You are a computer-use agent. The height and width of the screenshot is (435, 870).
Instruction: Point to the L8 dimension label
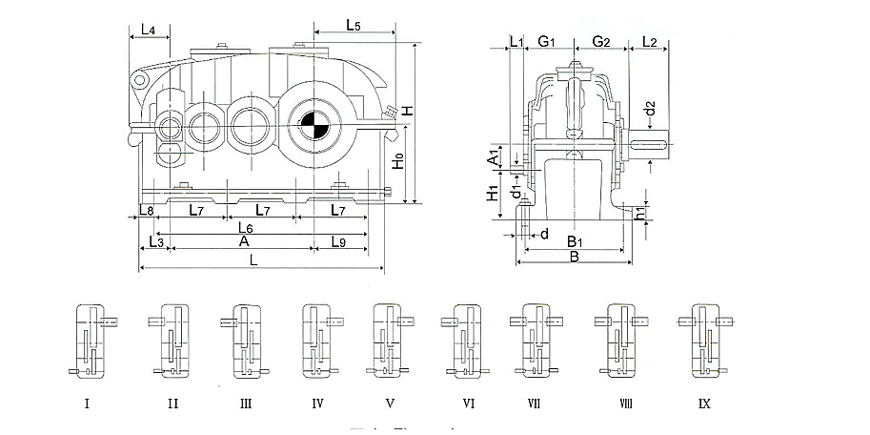coord(147,209)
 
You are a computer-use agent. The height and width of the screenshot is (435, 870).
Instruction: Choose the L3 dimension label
coord(157,243)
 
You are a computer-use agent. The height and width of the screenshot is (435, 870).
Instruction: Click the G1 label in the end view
coord(547,41)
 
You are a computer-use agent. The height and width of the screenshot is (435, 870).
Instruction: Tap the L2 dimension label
coord(650,41)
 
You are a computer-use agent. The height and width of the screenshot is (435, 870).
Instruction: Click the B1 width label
coord(574,240)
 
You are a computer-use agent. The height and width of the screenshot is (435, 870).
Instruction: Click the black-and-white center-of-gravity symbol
coord(313,125)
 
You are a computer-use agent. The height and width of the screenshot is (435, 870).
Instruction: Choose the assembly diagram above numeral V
coord(389,340)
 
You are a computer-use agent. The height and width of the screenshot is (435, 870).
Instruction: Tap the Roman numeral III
coord(245,404)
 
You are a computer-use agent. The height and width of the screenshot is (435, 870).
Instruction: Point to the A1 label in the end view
coord(494,156)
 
